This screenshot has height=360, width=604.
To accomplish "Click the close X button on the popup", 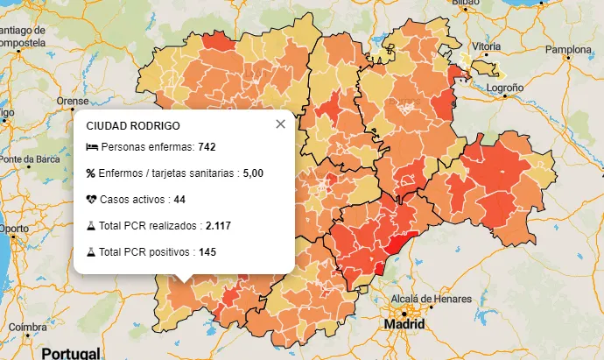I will [280, 124].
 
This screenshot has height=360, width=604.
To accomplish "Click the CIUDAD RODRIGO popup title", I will [133, 126].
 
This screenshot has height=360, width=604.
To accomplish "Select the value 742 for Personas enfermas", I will [207, 146].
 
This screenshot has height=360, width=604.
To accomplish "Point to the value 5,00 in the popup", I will [253, 173].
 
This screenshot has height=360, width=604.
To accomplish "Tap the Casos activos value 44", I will [179, 200].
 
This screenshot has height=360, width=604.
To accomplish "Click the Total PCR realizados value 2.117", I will [218, 226].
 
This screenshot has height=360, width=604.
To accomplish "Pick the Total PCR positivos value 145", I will [207, 252].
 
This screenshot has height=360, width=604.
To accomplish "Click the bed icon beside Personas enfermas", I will [91, 146].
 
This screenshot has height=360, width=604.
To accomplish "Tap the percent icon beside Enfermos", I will [91, 173].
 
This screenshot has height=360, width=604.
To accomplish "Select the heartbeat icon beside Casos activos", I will [91, 200].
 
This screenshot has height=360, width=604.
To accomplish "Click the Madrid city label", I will [404, 325].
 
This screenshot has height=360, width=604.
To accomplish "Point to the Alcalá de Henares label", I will [425, 300].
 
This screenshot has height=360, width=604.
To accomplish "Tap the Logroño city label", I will [504, 88].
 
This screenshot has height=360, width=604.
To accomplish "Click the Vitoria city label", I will [486, 46].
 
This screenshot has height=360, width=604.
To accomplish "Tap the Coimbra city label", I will [27, 327].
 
